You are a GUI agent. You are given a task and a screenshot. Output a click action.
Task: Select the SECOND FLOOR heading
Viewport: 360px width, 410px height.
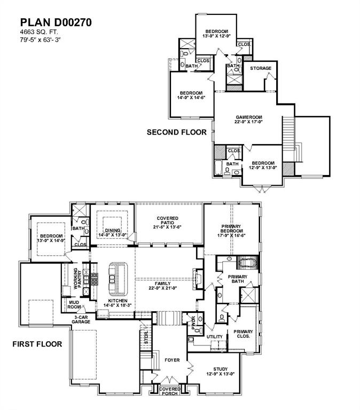pyautogui.click(x=176, y=132)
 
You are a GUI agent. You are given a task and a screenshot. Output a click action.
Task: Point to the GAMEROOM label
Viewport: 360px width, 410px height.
pyautogui.click(x=248, y=119)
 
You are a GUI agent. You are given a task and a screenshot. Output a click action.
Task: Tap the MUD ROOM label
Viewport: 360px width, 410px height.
pyautogui.click(x=74, y=305)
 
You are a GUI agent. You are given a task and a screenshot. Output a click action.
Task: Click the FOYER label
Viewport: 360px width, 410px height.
pyautogui.click(x=172, y=360)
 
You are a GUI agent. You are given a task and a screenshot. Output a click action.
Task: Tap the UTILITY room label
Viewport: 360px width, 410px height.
pyautogui.click(x=214, y=337)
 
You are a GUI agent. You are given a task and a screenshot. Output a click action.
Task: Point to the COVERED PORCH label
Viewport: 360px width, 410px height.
pyautogui.click(x=170, y=391)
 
